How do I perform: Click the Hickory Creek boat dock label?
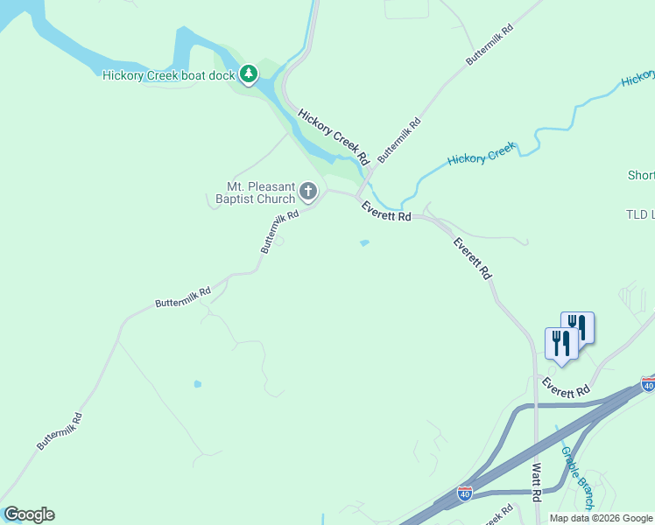169,75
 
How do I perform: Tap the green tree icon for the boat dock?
250,74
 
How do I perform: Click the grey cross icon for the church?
307,190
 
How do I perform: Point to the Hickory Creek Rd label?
332,138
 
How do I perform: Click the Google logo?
29,514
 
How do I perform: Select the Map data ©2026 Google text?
600,518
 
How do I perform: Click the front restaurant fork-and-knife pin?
560,343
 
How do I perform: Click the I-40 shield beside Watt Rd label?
465,494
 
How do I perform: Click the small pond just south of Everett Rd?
364,243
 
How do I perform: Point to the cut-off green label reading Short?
641,175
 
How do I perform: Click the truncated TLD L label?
640,214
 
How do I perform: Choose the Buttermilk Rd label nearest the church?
280,233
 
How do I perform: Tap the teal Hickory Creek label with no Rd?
481,157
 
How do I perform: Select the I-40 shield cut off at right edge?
648,384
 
